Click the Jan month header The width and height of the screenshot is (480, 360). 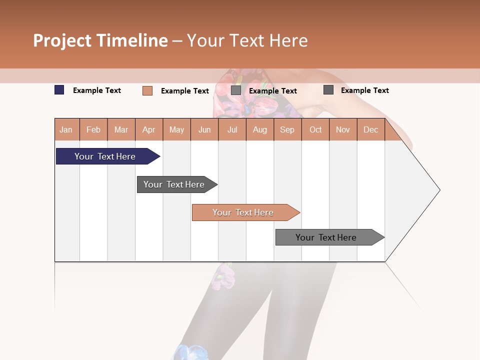[66, 129]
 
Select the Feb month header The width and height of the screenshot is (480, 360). [93, 129]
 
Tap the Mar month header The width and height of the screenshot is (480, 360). [121, 129]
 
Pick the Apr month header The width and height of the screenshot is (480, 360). [149, 129]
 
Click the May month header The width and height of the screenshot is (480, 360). [176, 129]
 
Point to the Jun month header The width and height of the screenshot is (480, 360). [204, 129]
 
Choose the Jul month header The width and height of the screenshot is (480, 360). [232, 129]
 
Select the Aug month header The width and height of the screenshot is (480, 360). [260, 129]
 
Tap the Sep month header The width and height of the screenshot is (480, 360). [287, 129]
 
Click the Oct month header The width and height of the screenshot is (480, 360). [315, 129]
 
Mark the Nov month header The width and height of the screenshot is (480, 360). [343, 129]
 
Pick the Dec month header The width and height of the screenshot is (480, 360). [370, 129]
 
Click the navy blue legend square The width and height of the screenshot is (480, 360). [59, 90]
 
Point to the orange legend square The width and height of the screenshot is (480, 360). [147, 90]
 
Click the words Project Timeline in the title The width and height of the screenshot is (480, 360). [100, 40]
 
